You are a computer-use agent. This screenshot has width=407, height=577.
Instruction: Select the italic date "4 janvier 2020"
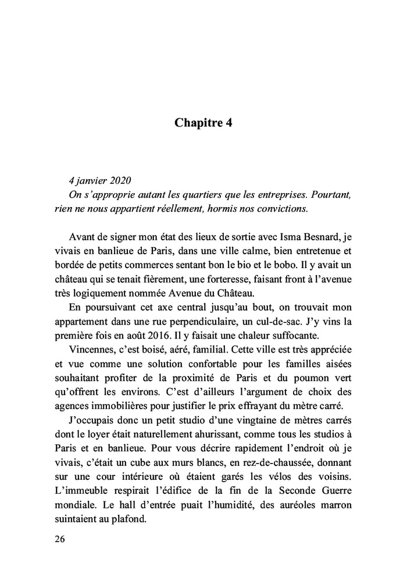99,179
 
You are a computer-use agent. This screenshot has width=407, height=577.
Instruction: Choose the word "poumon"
311,363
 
